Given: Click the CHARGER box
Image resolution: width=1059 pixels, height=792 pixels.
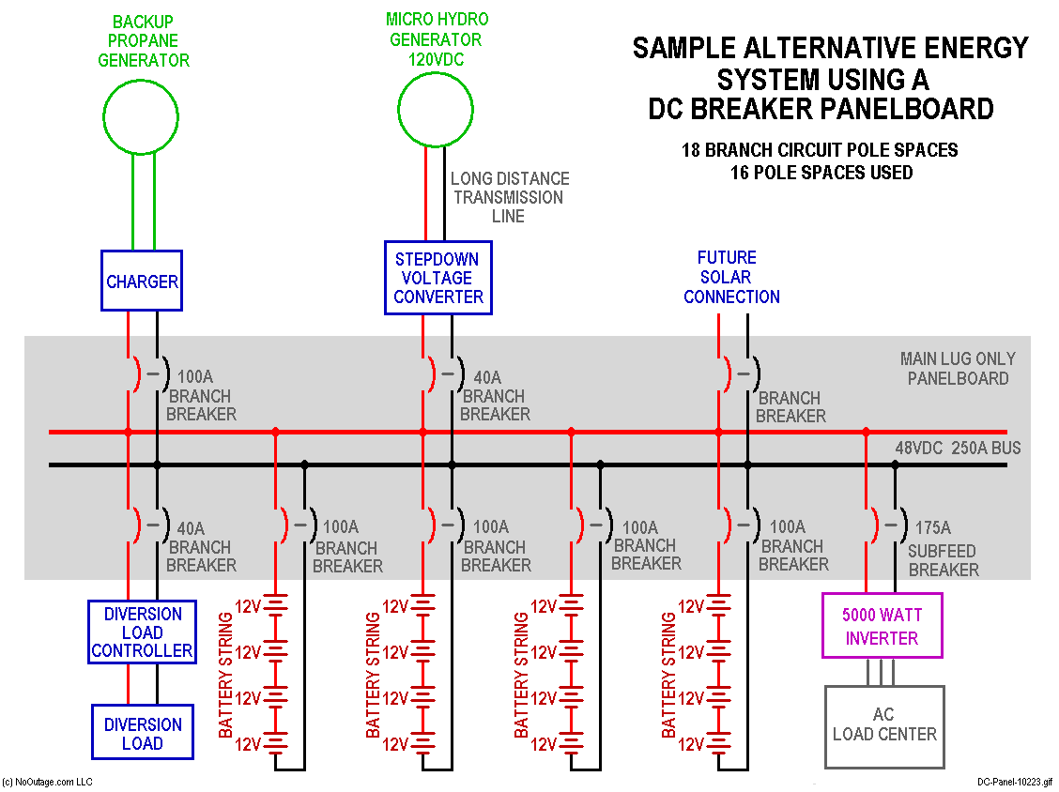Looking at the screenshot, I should point(142,281).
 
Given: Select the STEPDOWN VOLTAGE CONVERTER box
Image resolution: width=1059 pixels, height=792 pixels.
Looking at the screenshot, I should point(438,278).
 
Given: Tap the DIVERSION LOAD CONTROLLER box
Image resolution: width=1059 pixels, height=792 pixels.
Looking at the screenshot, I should point(143,632).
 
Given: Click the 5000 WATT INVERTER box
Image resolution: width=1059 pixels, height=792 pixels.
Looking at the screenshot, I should point(882,626).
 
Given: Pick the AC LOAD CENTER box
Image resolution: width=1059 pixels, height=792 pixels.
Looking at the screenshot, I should point(884,724).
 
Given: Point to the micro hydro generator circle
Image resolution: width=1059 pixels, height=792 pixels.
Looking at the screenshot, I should point(436,111).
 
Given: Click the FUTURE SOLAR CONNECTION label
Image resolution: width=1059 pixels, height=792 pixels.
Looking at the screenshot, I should point(731,277).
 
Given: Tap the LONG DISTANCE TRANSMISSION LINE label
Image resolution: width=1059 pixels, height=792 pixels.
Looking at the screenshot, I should point(509,197).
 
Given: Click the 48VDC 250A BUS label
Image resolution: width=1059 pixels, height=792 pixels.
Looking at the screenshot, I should point(957,448).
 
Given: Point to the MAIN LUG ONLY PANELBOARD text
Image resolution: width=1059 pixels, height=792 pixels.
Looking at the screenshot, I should point(957,369).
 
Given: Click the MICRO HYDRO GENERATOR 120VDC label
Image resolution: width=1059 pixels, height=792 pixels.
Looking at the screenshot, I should point(437,39).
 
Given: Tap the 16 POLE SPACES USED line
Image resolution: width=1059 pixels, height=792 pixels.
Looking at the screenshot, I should point(821,173).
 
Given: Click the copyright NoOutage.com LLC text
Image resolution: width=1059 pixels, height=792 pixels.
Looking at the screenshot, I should point(47,782).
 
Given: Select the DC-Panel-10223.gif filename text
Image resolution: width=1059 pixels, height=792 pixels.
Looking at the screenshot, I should point(1014,782).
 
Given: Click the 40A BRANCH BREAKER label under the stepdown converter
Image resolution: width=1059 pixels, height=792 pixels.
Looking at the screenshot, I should point(495,396).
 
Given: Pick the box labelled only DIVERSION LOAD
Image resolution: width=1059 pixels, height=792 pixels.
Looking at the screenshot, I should point(143,734).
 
